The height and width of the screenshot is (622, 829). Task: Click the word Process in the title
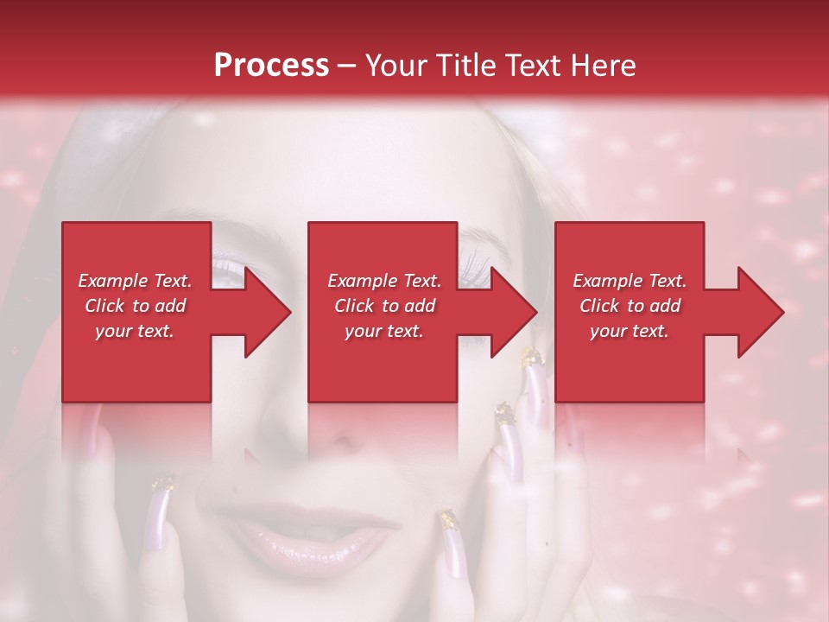coord(271,66)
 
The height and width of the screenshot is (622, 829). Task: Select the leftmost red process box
coord(136,312)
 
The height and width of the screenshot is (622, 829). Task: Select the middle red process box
coord(383,312)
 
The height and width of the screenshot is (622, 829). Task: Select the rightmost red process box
coord(629,312)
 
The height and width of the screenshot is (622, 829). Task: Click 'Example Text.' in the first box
coord(136,281)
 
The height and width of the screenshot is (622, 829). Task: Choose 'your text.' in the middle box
coord(383,331)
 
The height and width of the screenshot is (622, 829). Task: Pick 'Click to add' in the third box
coord(630,306)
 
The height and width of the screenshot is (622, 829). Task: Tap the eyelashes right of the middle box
coord(476,259)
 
